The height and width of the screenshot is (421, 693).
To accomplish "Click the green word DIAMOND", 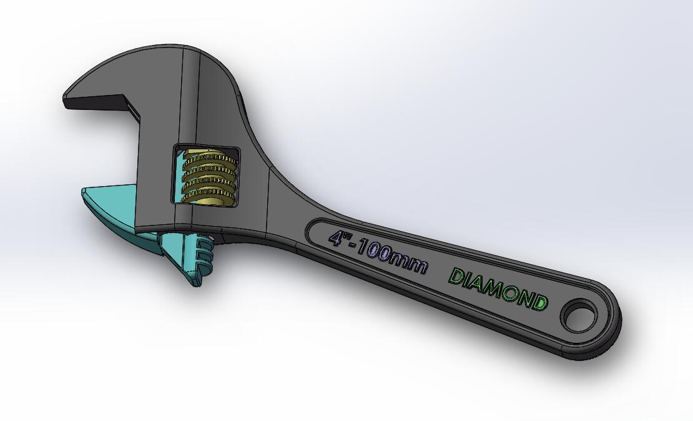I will pyautogui.click(x=498, y=289).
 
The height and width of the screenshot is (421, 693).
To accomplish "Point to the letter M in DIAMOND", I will pyautogui.click(x=492, y=287).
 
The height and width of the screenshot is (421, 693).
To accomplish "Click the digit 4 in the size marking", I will pyautogui.click(x=338, y=238).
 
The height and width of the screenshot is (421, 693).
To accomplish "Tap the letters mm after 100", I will pyautogui.click(x=414, y=265).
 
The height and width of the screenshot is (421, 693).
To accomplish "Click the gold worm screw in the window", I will pyautogui.click(x=209, y=176).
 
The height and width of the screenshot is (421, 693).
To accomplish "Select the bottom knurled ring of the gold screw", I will pyautogui.click(x=208, y=194).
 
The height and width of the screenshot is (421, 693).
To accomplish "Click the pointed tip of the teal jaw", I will pyautogui.click(x=84, y=191).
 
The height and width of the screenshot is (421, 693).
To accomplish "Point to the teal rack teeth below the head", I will pyautogui.click(x=201, y=256).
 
